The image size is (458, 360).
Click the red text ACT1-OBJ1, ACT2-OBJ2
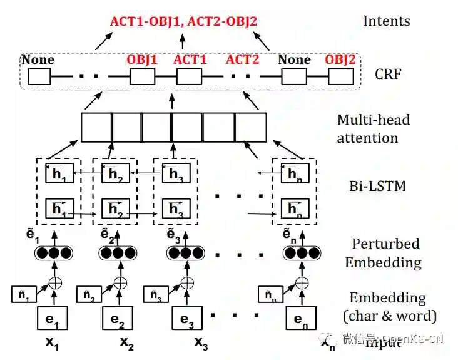tap(183, 21)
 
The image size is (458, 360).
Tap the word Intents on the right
tap(387, 21)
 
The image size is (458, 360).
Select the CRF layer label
tap(388, 75)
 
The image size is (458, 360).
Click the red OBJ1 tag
tap(142, 60)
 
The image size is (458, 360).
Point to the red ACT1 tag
tap(190, 60)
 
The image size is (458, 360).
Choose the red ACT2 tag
tap(242, 60)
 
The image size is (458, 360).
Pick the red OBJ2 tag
tap(340, 60)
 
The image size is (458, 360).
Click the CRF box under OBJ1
tap(142, 77)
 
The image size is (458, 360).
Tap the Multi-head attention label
tap(373, 128)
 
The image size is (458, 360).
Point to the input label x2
tap(127, 343)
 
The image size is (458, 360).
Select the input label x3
tap(200, 343)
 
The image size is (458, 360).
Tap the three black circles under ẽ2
tap(120, 254)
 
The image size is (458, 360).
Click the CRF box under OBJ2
tap(340, 77)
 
